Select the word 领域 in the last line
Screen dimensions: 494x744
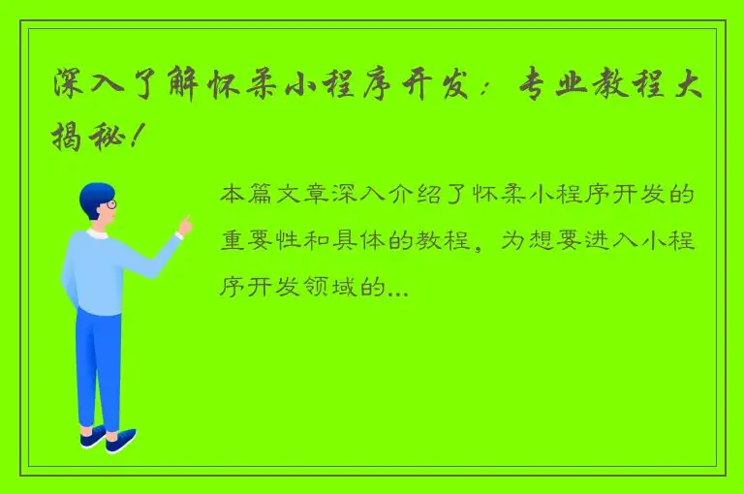[336, 288]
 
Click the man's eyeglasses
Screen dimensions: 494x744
[109, 204]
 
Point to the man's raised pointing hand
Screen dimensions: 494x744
[184, 226]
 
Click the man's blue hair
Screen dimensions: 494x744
[95, 195]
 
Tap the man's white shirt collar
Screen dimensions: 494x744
[97, 233]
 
